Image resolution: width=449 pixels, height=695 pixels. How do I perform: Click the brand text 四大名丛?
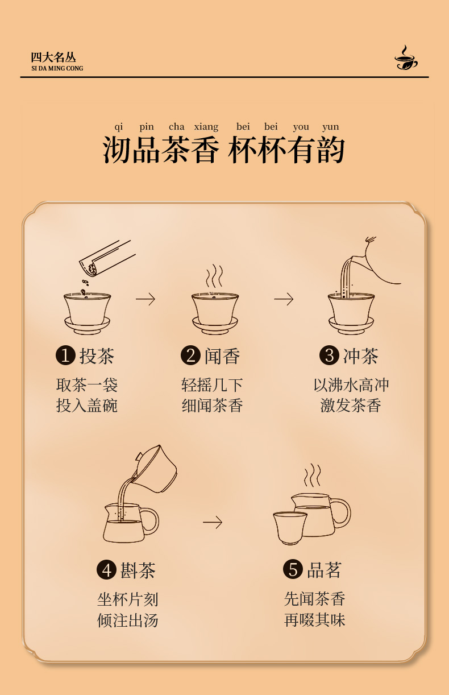tap(53, 57)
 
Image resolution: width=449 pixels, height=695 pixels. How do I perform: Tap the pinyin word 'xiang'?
tap(206, 127)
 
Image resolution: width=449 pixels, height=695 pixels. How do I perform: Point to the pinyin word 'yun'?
tap(331, 127)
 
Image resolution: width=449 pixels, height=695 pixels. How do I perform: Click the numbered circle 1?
tap(65, 355)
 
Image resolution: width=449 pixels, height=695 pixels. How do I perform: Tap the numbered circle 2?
tap(190, 355)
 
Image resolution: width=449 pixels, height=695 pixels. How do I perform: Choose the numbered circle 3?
tap(329, 355)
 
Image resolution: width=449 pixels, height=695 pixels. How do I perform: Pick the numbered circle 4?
tap(106, 570)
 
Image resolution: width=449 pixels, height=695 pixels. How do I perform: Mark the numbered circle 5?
tap(293, 569)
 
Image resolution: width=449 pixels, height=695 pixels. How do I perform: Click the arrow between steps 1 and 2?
tap(145, 299)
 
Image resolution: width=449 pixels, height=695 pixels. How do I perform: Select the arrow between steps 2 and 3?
tap(284, 299)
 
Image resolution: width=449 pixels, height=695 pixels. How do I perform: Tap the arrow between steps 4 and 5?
tap(213, 522)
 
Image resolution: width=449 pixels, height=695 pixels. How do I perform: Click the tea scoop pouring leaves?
tap(107, 258)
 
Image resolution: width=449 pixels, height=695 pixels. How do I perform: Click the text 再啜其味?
tap(314, 620)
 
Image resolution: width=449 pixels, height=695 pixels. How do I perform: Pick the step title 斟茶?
tap(138, 570)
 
